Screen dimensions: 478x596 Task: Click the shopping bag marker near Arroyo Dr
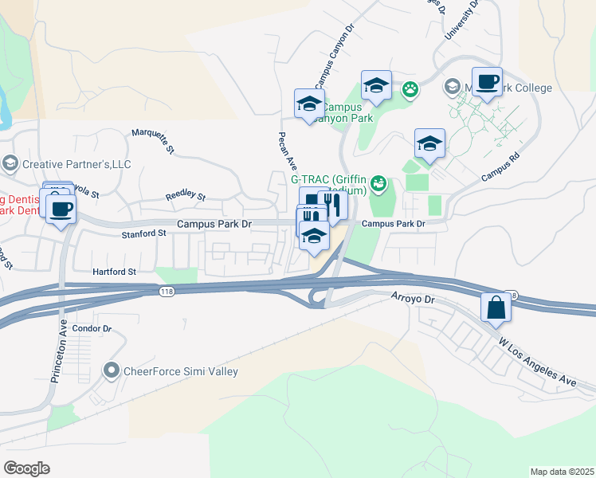click(x=496, y=308)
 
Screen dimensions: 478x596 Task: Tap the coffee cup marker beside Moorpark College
click(x=486, y=82)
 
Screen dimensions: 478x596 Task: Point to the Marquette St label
click(x=152, y=139)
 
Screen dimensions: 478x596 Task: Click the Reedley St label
click(x=185, y=195)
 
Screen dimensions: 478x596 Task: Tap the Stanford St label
click(x=143, y=233)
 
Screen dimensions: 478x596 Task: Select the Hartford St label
click(x=115, y=272)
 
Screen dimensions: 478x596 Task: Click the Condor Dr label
click(x=92, y=328)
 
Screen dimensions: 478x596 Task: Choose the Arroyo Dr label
click(x=412, y=299)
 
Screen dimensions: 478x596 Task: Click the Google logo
click(x=26, y=468)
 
